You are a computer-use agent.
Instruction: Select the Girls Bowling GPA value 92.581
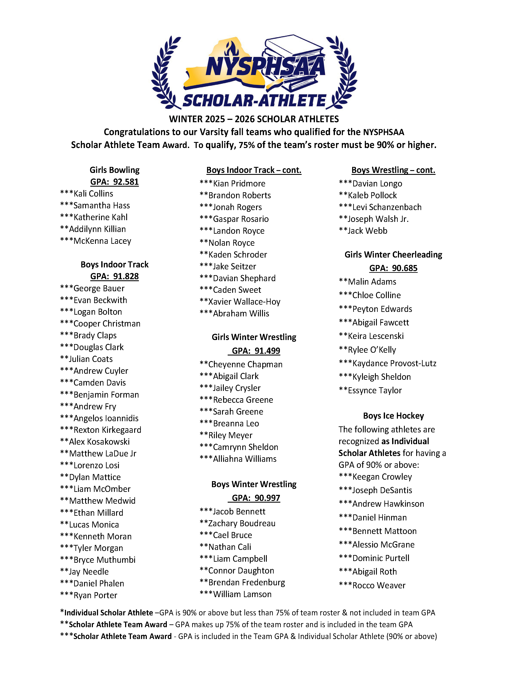pyautogui.click(x=114, y=182)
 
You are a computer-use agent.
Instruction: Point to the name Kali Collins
pyautogui.click(x=93, y=194)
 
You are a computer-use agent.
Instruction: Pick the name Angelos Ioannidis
pyautogui.click(x=106, y=418)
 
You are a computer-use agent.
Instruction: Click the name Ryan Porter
pyautogui.click(x=95, y=595)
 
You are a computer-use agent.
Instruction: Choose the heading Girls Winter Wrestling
pyautogui.click(x=254, y=337)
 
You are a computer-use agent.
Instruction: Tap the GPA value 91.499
pyautogui.click(x=256, y=351)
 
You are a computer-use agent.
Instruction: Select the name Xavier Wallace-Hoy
pyautogui.click(x=244, y=302)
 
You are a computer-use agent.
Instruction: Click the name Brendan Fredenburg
pyautogui.click(x=247, y=582)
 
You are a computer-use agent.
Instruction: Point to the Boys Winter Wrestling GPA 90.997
pyautogui.click(x=256, y=498)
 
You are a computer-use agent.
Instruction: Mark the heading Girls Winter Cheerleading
pyautogui.click(x=393, y=255)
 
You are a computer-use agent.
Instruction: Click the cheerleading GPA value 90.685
pyautogui.click(x=393, y=268)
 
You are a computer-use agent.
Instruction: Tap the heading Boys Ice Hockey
pyautogui.click(x=393, y=416)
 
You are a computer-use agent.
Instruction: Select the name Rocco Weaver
pyautogui.click(x=379, y=586)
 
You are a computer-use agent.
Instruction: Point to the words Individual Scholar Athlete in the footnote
pyautogui.click(x=109, y=613)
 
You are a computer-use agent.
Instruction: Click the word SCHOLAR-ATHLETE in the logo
pyautogui.click(x=254, y=101)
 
